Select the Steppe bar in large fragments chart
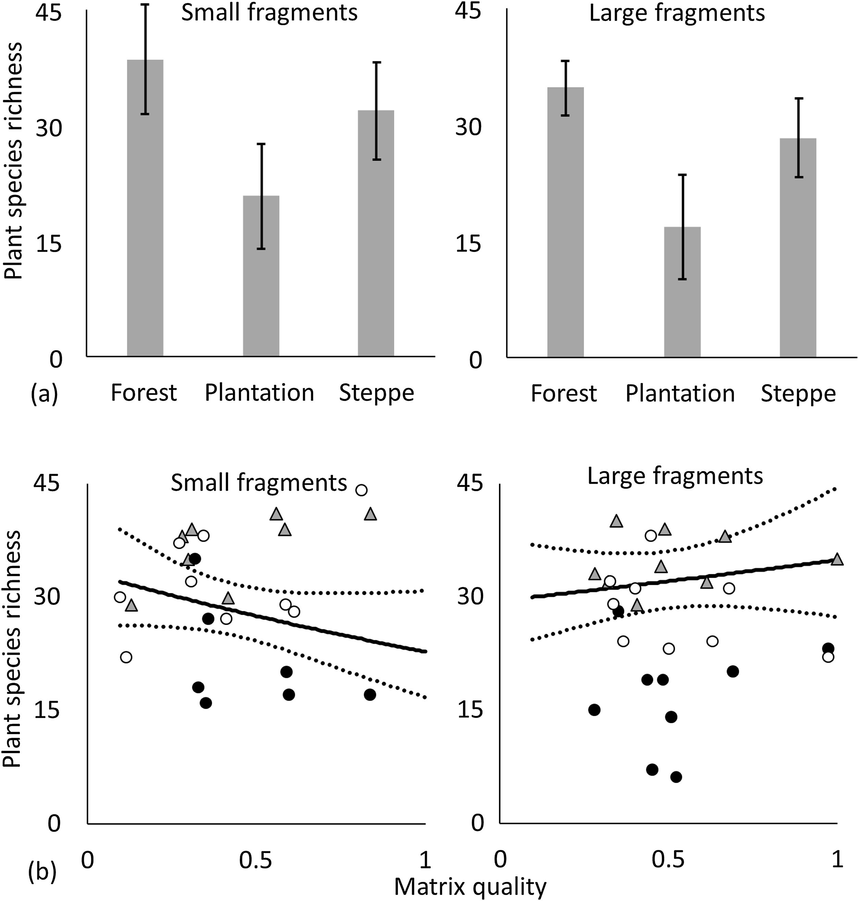coord(798,247)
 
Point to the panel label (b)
coord(42,873)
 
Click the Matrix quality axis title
coord(470,886)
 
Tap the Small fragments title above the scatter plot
coord(259,483)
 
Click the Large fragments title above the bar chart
coord(677,13)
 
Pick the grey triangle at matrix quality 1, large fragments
coord(837,559)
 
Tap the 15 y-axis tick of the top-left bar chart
coord(48,244)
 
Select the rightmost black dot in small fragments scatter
coord(370,694)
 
